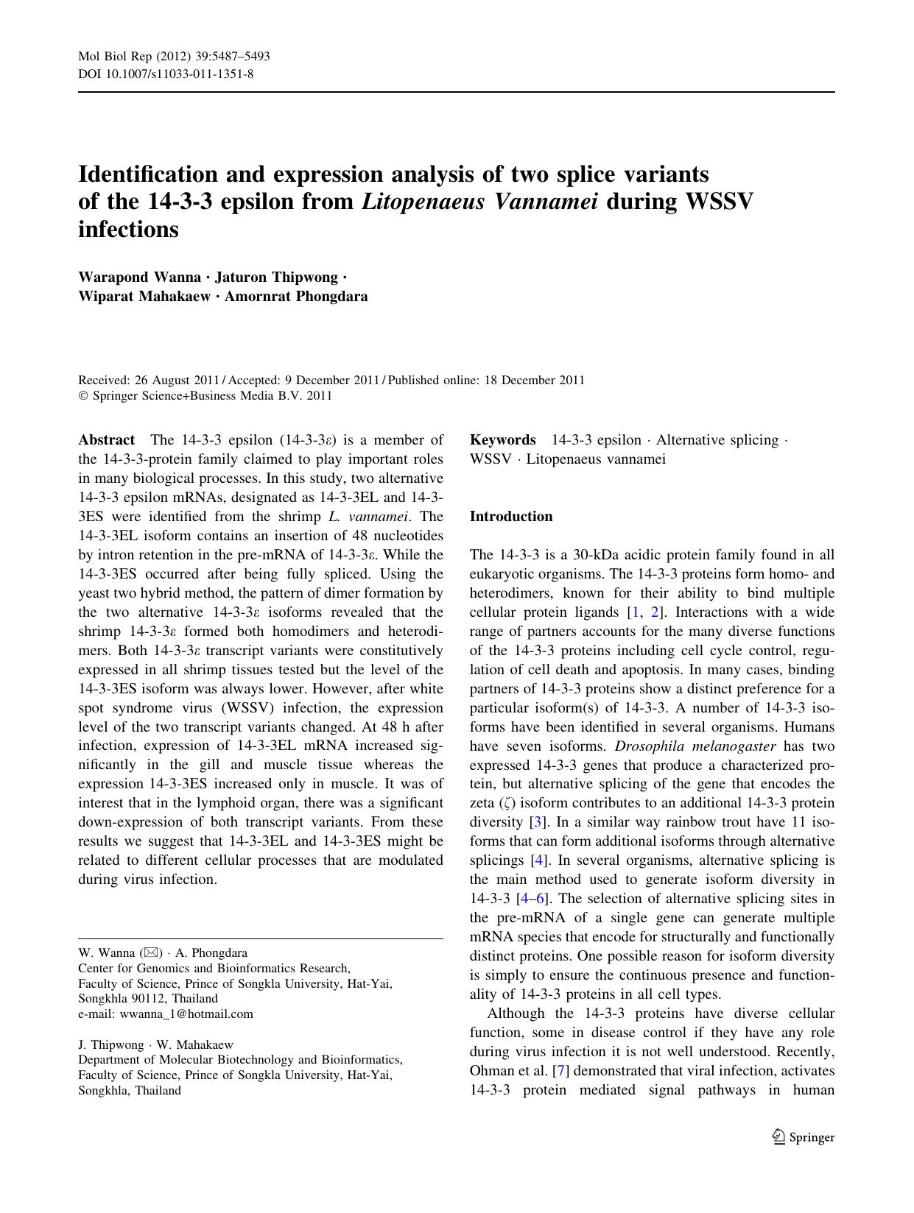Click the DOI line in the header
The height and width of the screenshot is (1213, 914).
[x=166, y=74]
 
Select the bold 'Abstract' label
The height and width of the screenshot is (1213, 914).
[x=107, y=440]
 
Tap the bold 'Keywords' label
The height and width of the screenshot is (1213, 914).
[x=503, y=440]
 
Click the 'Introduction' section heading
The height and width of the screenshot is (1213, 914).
[x=511, y=517]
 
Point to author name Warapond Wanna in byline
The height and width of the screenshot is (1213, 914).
[x=139, y=277]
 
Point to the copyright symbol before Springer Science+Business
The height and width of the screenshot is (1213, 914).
[x=83, y=396]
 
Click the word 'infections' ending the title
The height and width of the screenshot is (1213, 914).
[x=128, y=230]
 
